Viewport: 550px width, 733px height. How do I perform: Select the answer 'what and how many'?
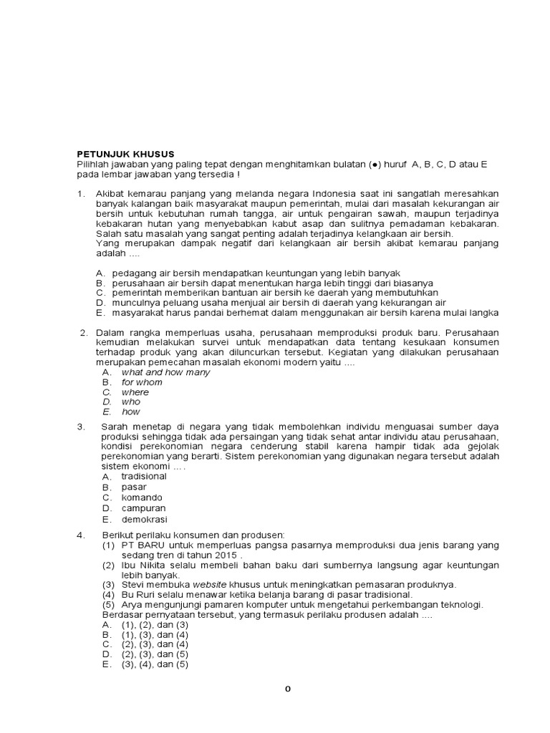point(165,372)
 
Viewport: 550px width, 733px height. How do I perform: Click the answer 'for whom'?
point(142,382)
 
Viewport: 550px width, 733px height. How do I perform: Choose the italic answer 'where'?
point(135,392)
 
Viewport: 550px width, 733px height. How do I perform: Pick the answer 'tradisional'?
point(144,476)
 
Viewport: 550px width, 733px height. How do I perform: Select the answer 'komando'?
point(142,497)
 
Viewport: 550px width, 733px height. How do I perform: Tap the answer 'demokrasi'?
point(144,520)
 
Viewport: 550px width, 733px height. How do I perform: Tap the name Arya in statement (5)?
point(132,604)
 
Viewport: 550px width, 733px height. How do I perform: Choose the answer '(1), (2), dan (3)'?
point(155,624)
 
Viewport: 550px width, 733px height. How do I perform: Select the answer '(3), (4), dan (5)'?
point(155,664)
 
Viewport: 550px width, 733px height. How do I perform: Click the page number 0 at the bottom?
point(287,689)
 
